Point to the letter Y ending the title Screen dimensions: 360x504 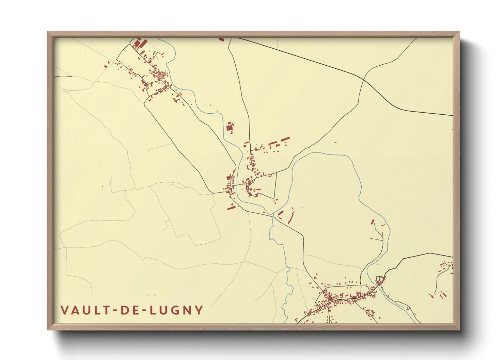[x=199, y=310]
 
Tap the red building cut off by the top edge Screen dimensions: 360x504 [x=222, y=39]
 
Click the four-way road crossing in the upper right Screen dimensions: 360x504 [x=363, y=80]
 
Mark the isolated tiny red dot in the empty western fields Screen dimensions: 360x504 [x=103, y=186]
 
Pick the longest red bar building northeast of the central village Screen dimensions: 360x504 [x=285, y=139]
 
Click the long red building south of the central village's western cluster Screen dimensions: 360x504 [x=231, y=207]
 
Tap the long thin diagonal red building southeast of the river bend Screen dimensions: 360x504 [x=291, y=218]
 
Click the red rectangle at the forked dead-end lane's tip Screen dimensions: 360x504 [x=373, y=222]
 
